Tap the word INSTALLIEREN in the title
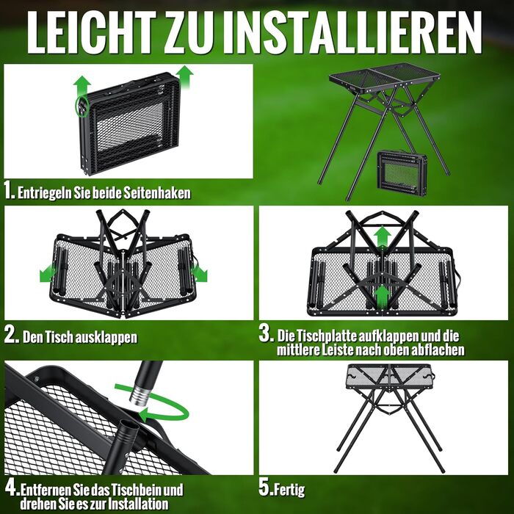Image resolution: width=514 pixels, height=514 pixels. click(357, 32)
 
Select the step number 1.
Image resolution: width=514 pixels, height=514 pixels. click(10, 191)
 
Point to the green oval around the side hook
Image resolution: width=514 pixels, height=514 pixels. click(81, 106)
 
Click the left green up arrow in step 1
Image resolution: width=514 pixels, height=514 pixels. click(82, 86)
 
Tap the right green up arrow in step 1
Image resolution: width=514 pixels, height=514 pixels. click(184, 76)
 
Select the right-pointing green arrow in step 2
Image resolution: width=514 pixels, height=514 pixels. click(200, 273)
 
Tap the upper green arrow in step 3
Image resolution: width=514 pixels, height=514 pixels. click(383, 237)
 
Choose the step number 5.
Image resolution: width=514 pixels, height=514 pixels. click(265, 488)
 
